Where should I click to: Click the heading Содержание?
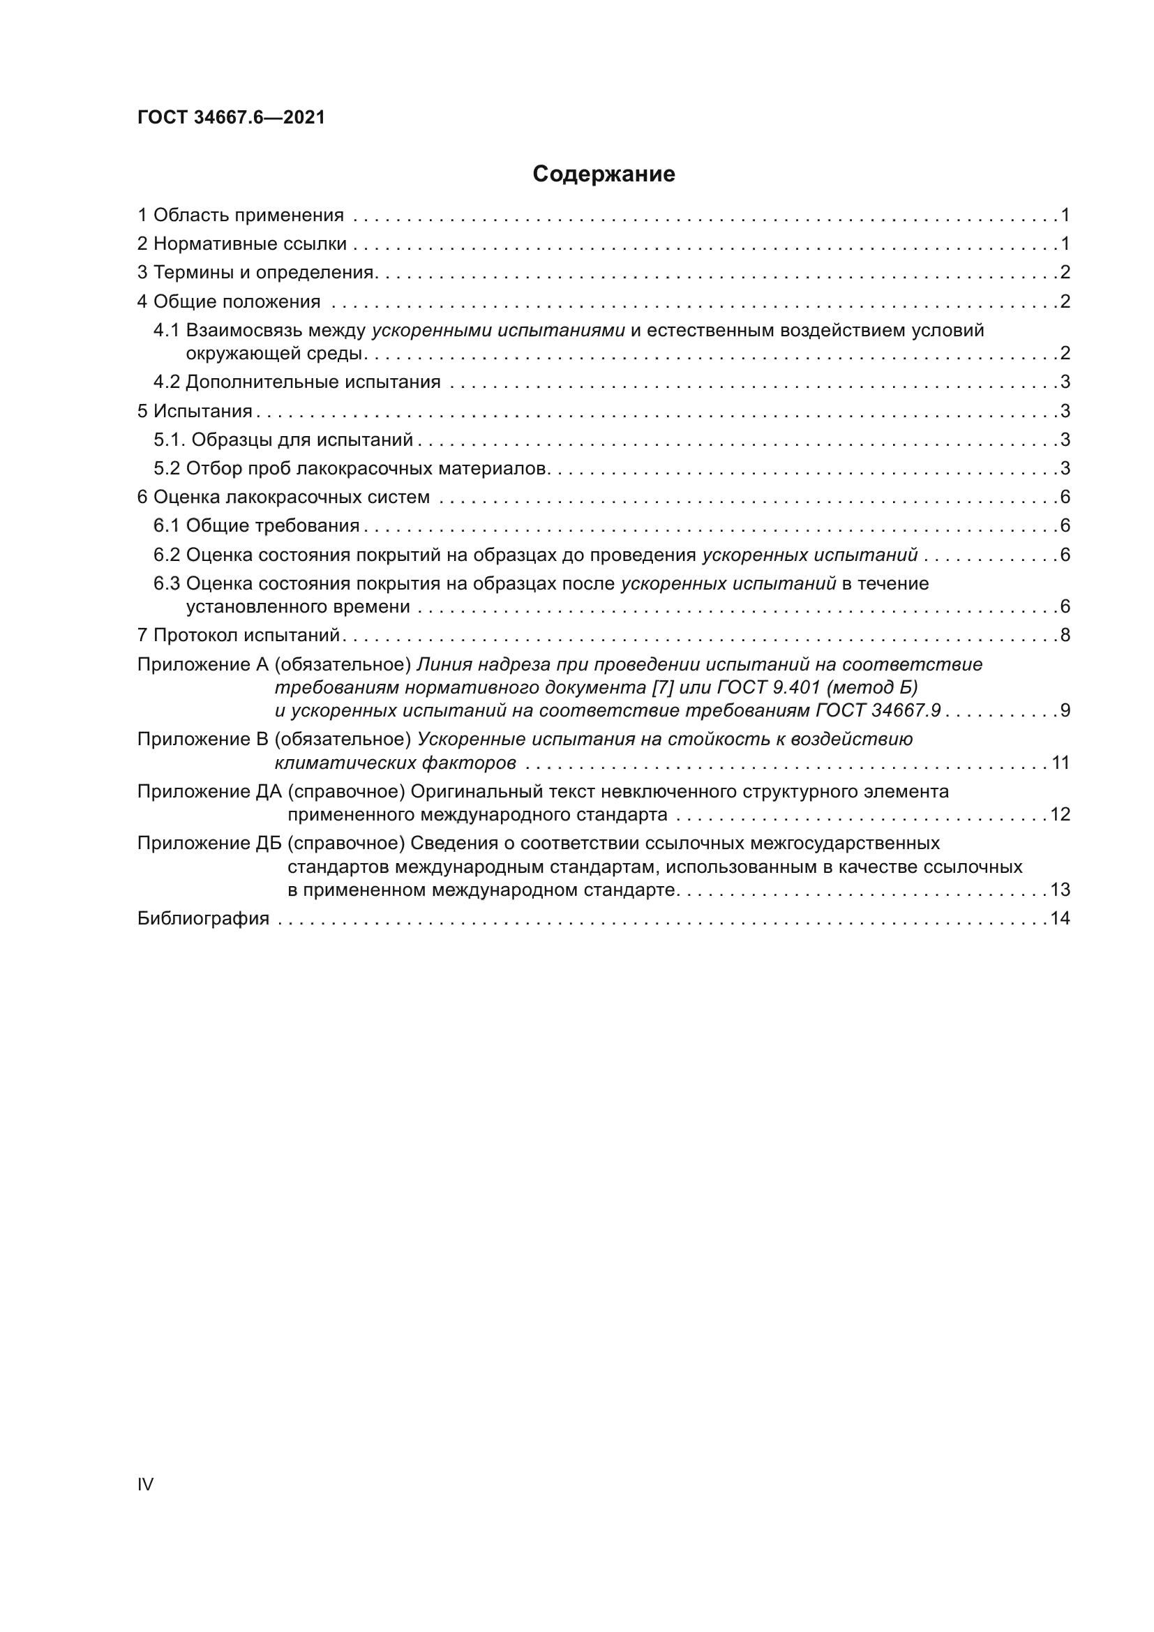click(x=604, y=174)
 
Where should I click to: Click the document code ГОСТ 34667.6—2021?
click(x=231, y=117)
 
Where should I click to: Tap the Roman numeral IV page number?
click(x=145, y=1483)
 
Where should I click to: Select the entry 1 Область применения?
click(x=240, y=215)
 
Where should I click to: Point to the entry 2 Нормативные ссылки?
click(x=241, y=244)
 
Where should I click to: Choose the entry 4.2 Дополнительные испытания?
click(x=297, y=382)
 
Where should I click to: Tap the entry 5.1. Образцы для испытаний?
click(x=283, y=440)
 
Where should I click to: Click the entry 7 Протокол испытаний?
click(x=239, y=635)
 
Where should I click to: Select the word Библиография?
click(x=203, y=918)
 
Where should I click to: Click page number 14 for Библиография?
click(x=1060, y=918)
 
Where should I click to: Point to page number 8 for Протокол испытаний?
click(x=1065, y=635)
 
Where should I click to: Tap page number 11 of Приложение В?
click(x=1061, y=763)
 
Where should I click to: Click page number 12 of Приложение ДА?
click(x=1060, y=814)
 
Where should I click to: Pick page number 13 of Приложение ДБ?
click(x=1060, y=890)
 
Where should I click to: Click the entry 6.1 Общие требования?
click(x=257, y=525)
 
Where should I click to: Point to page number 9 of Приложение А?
click(x=1065, y=710)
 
